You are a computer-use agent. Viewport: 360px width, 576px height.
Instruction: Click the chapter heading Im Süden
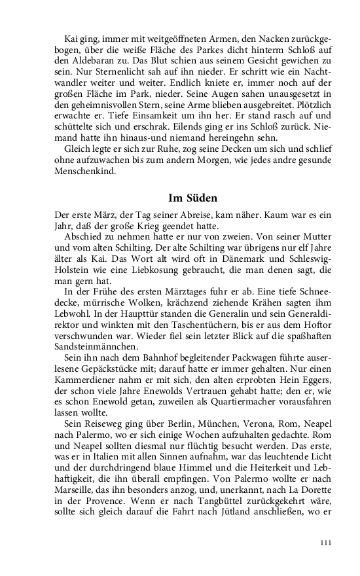[193, 198]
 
